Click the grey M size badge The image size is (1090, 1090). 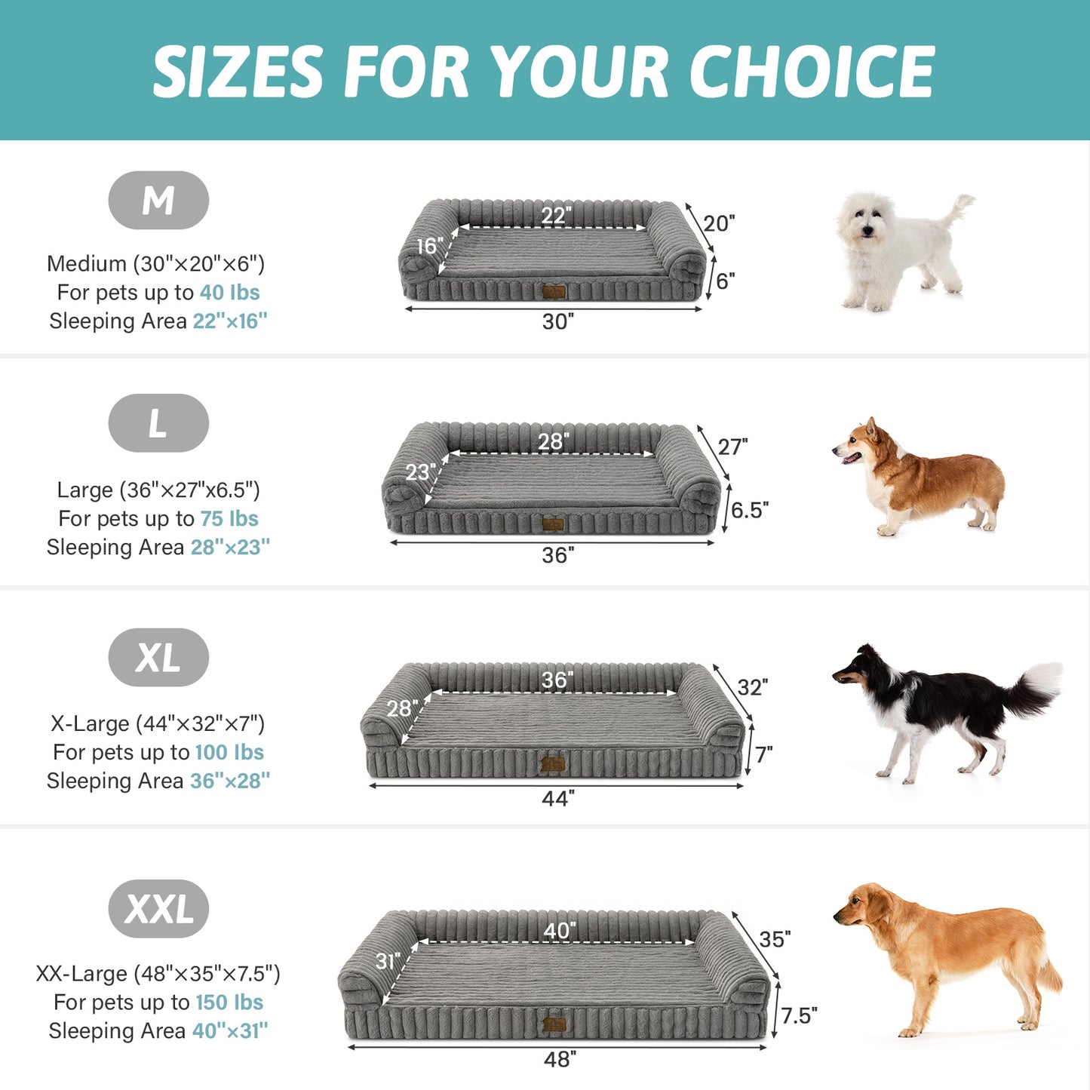click(x=158, y=201)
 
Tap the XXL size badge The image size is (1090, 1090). click(x=158, y=909)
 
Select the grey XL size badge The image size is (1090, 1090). click(x=158, y=658)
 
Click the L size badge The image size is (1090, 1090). click(x=158, y=423)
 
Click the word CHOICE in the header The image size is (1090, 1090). click(x=811, y=72)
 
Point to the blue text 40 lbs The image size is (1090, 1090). click(x=229, y=293)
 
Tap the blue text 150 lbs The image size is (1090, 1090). click(x=229, y=1002)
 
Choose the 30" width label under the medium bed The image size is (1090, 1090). click(x=557, y=322)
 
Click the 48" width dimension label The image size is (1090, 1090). click(x=560, y=1060)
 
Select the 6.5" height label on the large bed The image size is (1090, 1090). click(x=749, y=511)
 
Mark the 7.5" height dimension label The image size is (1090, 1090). click(x=799, y=1016)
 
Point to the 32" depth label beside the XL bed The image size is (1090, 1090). click(x=752, y=687)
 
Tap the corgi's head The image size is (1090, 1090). click(x=858, y=445)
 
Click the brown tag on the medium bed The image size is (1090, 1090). click(x=554, y=292)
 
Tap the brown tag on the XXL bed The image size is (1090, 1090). click(x=554, y=1025)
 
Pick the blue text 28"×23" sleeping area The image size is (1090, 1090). click(x=230, y=548)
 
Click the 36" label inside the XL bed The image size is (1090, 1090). click(x=557, y=680)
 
